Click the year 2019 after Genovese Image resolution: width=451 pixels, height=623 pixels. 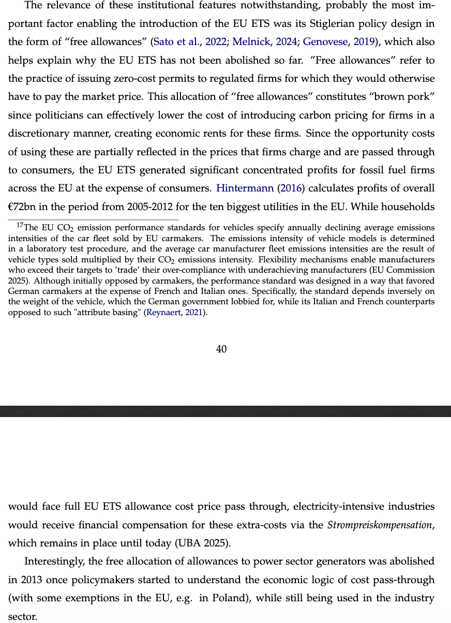(x=364, y=42)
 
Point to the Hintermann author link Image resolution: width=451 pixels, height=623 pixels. (x=245, y=188)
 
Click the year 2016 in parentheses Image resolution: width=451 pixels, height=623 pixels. (x=291, y=188)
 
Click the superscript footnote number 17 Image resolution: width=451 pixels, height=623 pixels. (x=20, y=225)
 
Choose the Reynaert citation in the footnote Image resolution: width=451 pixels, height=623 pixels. (x=166, y=313)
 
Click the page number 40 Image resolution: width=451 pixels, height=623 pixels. (x=221, y=349)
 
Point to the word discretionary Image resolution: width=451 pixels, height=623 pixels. (x=42, y=133)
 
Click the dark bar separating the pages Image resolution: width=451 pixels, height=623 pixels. (x=226, y=411)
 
